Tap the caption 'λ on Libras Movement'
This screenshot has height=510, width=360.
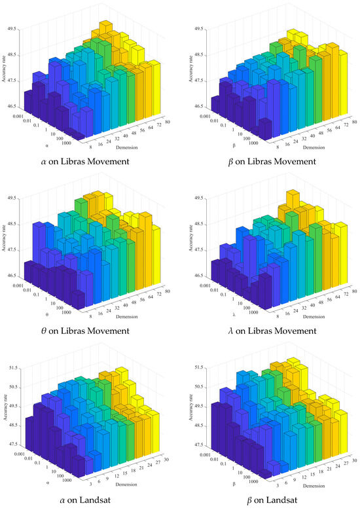(x=270, y=331)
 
